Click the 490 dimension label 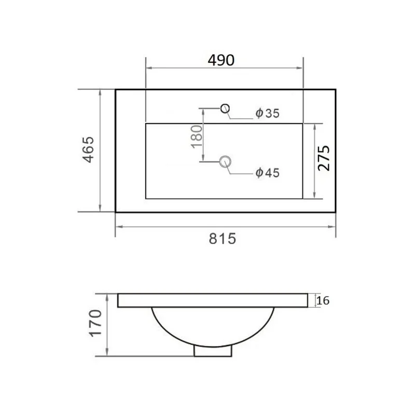pos(221,60)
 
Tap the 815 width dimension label pos(223,239)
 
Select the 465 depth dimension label pos(88,149)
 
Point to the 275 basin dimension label pos(324,158)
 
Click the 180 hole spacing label pos(197,136)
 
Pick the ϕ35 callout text pos(267,113)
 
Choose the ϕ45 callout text pos(267,173)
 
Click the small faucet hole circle pos(225,108)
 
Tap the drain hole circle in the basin pos(225,162)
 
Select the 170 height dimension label pos(95,323)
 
